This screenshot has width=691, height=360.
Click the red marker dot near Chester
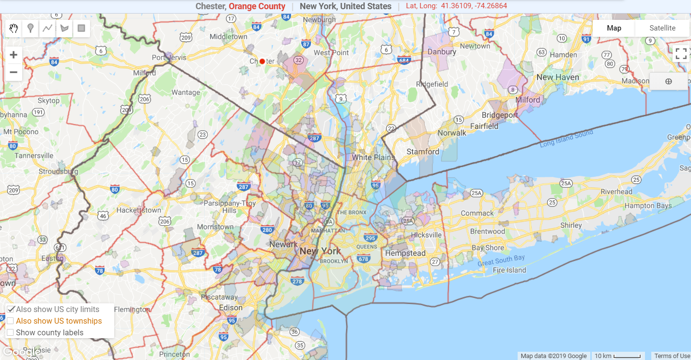[262, 61]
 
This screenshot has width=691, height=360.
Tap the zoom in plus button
[14, 55]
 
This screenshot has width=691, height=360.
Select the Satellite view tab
[662, 28]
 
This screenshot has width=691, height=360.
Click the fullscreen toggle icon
[681, 53]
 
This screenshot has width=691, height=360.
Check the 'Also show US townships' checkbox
[10, 321]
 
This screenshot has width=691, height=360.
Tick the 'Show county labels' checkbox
[10, 332]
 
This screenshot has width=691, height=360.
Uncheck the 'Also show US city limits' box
[10, 309]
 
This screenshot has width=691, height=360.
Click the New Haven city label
[558, 77]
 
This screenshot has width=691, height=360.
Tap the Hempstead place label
[405, 253]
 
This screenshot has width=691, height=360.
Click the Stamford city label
[423, 152]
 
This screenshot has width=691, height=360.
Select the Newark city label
[283, 244]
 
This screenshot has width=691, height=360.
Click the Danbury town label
[442, 51]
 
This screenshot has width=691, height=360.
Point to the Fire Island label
[510, 270]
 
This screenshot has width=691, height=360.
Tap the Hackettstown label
[138, 210]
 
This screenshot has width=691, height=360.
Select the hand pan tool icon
[14, 29]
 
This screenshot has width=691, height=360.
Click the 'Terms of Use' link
[672, 356]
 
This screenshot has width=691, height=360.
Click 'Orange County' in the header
[257, 6]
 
